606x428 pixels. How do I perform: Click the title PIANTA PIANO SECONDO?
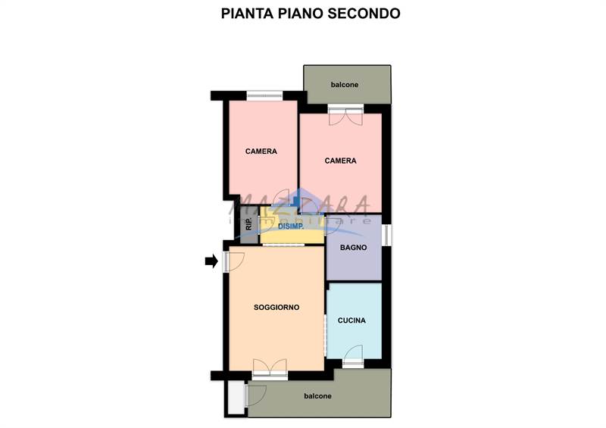point(311,14)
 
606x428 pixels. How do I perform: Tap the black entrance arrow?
point(211,261)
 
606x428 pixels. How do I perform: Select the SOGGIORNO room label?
point(276,308)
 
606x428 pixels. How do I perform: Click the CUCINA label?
point(351,320)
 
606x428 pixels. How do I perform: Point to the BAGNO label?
point(354,248)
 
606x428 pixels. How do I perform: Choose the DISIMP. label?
point(292,226)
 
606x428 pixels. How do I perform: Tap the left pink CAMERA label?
point(261,152)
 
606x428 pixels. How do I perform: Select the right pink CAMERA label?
point(341,161)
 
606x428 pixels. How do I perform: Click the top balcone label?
point(345,85)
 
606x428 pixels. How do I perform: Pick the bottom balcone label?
point(317,396)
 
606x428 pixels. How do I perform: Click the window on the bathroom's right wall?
point(386,234)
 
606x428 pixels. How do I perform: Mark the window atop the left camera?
point(264,95)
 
